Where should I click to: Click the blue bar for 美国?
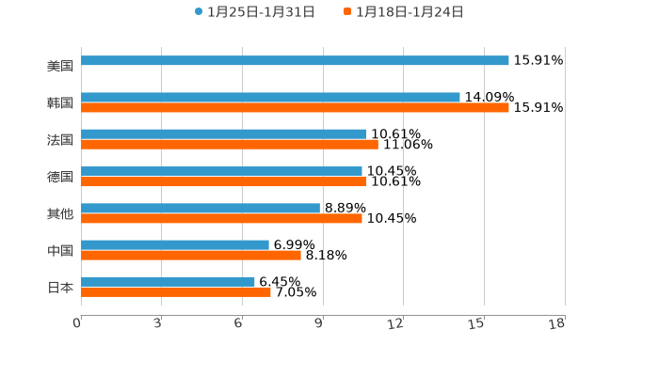click(295, 61)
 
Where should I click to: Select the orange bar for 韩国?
click(295, 108)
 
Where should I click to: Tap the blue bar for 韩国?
click(270, 98)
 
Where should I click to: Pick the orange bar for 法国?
click(230, 145)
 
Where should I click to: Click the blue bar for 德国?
click(221, 171)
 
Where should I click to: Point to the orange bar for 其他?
click(221, 218)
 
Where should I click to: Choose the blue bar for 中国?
click(175, 245)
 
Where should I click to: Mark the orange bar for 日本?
click(176, 292)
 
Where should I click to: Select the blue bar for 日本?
click(168, 282)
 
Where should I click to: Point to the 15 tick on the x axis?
click(477, 323)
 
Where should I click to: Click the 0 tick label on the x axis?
click(77, 323)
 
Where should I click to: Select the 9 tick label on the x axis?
click(319, 323)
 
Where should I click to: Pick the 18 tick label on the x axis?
click(557, 323)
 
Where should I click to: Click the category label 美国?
click(60, 66)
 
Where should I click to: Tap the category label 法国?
click(60, 140)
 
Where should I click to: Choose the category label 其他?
click(60, 213)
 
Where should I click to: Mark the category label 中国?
click(60, 251)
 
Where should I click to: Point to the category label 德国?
click(60, 177)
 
